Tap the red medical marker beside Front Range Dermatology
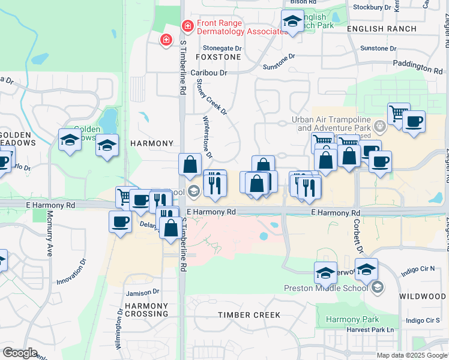[x=187, y=26]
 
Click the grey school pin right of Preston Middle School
[x=377, y=288]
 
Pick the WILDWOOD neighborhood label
[x=423, y=296]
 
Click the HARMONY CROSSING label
[x=146, y=310]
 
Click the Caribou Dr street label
[x=209, y=73]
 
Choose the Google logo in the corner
[x=20, y=353]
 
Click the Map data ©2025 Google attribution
[x=412, y=355]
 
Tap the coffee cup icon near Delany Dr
[x=119, y=222]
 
